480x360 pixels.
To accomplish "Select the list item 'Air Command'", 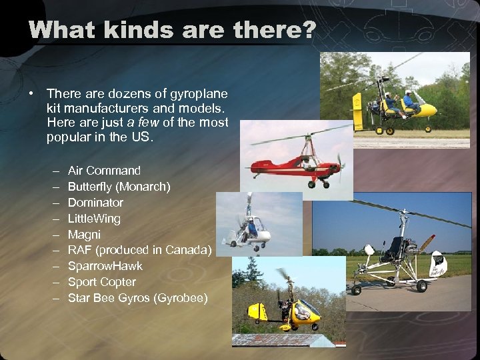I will pyautogui.click(x=104, y=171).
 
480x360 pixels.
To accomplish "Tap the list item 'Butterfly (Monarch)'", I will pyautogui.click(x=119, y=187).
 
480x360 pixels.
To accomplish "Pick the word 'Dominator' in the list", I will pyautogui.click(x=95, y=203).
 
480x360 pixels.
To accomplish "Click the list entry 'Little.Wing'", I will pyautogui.click(x=94, y=219).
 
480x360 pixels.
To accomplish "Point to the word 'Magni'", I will pyautogui.click(x=84, y=235).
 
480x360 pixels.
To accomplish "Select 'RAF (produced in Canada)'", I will pyautogui.click(x=139, y=250).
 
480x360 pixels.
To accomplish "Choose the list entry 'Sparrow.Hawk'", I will pyautogui.click(x=105, y=266).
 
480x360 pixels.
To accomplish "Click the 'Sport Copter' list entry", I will pyautogui.click(x=101, y=282).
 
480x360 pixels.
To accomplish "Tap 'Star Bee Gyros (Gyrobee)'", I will pyautogui.click(x=137, y=298).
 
